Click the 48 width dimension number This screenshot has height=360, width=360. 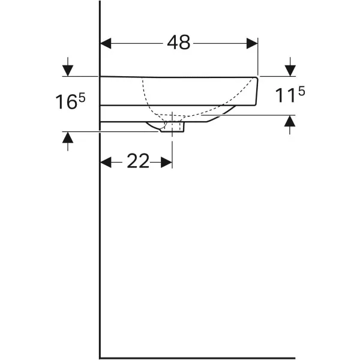pyautogui.click(x=178, y=43)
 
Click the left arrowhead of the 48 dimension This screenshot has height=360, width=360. pyautogui.click(x=106, y=43)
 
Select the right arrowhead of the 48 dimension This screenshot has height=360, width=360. pyautogui.click(x=252, y=43)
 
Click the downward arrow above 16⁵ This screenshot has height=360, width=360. pyautogui.click(x=68, y=67)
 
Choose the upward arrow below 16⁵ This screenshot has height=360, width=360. pyautogui.click(x=68, y=141)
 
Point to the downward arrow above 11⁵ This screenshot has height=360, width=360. pyautogui.click(x=290, y=67)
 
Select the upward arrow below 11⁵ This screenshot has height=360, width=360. pyautogui.click(x=290, y=124)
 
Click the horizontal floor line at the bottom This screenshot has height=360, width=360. pyautogui.click(x=198, y=358)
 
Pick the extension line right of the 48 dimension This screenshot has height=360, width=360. pyautogui.click(x=258, y=57)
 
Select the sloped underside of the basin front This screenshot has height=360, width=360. pyautogui.click(x=222, y=115)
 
